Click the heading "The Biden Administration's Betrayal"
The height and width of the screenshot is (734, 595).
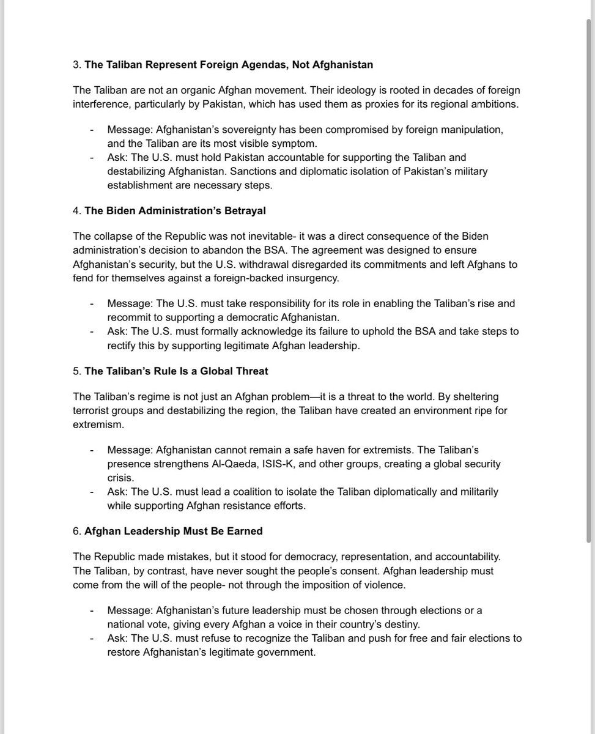[175, 211]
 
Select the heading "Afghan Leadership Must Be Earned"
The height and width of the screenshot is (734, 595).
[173, 531]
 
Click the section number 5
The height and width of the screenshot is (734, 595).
[76, 371]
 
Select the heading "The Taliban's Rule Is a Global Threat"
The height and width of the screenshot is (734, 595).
[176, 371]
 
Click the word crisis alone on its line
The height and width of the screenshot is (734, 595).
[120, 477]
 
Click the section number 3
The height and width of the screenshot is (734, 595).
[76, 64]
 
